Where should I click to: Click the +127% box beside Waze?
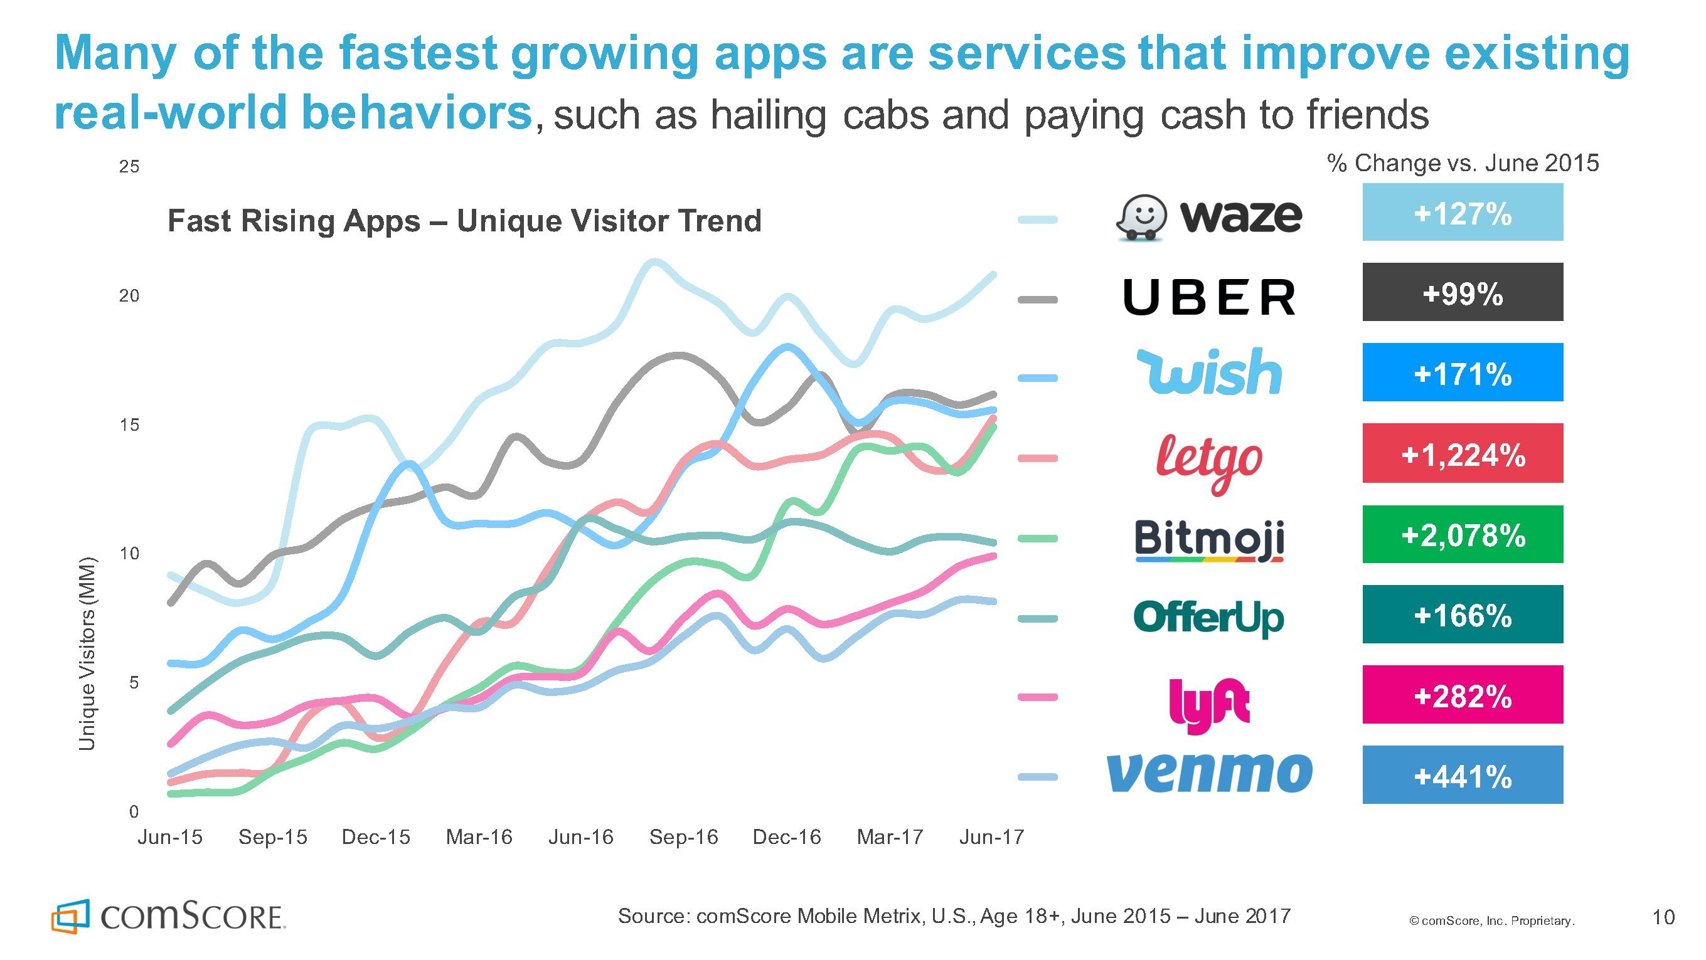tap(1463, 213)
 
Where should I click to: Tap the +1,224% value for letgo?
tap(1463, 453)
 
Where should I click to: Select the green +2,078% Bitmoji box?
tap(1463, 534)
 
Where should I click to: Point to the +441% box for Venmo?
tap(1463, 774)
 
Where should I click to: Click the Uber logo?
tap(1209, 297)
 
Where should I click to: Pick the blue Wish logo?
tap(1209, 372)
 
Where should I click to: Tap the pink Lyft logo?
tap(1209, 704)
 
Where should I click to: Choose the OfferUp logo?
tap(1208, 618)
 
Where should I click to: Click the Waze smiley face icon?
tap(1141, 216)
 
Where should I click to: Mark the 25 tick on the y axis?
tap(129, 167)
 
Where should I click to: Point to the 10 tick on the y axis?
tap(129, 554)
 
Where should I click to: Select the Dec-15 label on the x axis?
tap(375, 838)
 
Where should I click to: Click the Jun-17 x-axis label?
tap(991, 838)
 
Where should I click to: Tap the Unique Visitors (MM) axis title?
tap(87, 654)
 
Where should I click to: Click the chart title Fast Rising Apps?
tap(464, 221)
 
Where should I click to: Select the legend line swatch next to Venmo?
tap(1037, 778)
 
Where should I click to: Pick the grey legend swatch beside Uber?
tap(1037, 300)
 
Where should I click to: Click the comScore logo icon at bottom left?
tap(70, 916)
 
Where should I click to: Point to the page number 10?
tap(1663, 917)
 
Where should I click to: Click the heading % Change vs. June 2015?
tap(1463, 163)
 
